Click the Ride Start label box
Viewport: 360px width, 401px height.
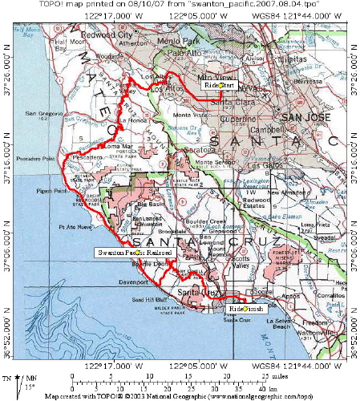click(x=219, y=84)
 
